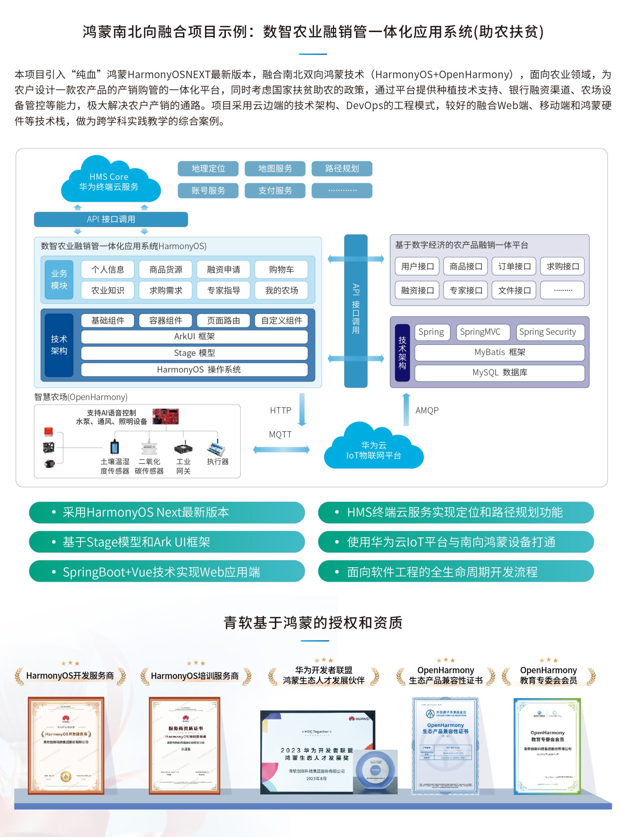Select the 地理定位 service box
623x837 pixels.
point(208,169)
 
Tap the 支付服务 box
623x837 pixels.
point(275,191)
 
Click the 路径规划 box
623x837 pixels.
point(342,169)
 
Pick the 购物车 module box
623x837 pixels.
point(281,269)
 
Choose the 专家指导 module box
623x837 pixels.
point(223,290)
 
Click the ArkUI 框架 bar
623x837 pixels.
point(194,336)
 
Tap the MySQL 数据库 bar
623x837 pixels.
point(499,372)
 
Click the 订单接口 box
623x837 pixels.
point(514,266)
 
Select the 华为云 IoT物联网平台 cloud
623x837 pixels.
point(373,449)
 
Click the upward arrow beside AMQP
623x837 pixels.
point(406,409)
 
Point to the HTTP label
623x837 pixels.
point(280,410)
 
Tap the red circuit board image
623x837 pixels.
point(165,417)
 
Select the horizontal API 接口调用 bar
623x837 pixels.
point(111,219)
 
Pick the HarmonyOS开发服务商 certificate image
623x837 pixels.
point(66,745)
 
